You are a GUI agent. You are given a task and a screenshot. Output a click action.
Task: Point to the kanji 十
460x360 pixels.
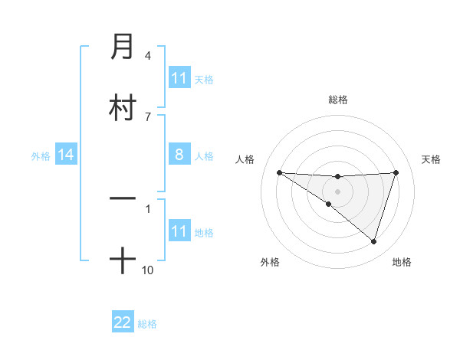coord(123,261)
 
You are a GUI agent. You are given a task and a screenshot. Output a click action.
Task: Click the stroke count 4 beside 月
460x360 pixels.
coord(148,56)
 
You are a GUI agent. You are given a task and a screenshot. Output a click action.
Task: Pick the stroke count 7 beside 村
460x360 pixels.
coord(148,116)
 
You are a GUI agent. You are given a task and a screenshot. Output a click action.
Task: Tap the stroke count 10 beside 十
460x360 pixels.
coord(148,270)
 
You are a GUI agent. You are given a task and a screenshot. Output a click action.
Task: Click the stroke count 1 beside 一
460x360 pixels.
coord(148,208)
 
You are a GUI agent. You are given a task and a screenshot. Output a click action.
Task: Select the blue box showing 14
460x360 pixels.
coord(66,155)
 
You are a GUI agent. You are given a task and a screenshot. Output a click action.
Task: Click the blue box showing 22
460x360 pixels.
coord(123,322)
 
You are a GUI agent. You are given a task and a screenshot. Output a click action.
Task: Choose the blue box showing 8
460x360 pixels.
coord(179,155)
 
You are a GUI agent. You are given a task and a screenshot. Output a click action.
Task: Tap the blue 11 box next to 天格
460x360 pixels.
coord(179,78)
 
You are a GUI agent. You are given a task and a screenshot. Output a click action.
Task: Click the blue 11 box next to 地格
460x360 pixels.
coord(179,231)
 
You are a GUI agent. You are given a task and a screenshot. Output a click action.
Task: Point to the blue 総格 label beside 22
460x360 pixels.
coord(147,324)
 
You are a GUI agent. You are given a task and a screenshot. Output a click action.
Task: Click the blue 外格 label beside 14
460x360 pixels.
coord(41,156)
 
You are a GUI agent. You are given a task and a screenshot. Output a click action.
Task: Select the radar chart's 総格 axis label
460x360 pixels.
coord(338,100)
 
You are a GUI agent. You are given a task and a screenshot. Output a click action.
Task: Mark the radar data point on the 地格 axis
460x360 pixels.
coord(373,241)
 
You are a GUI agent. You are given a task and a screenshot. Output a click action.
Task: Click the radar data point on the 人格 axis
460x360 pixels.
coord(279,172)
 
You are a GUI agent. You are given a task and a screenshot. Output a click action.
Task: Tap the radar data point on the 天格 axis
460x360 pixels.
coord(396,172)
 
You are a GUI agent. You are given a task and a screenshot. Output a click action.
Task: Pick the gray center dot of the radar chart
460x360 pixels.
coord(338,191)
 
